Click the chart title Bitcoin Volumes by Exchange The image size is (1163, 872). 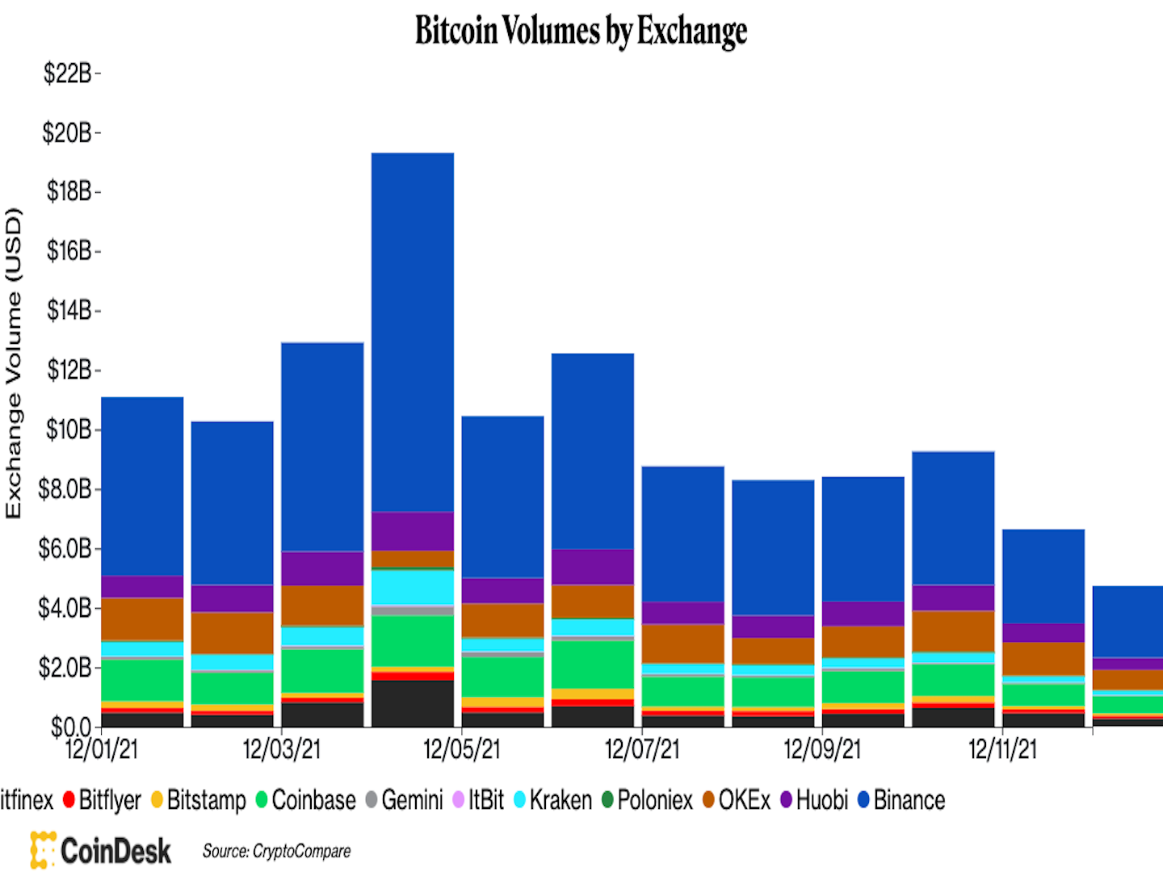pos(581,31)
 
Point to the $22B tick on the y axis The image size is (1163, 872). pos(68,73)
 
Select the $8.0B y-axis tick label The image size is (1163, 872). pos(65,488)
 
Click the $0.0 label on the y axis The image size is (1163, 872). pos(71,727)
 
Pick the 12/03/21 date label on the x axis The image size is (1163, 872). pos(281,749)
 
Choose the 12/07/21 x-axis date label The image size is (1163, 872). pos(642,749)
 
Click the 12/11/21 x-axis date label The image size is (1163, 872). pos(1002,749)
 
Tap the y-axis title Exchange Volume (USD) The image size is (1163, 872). pos(14,363)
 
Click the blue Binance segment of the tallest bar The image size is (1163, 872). pos(413,331)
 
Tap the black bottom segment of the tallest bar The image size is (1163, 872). pos(413,702)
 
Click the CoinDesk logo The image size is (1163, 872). pos(101,850)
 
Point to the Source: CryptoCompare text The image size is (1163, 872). pos(276,851)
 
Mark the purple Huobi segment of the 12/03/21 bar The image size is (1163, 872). pos(322,568)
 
